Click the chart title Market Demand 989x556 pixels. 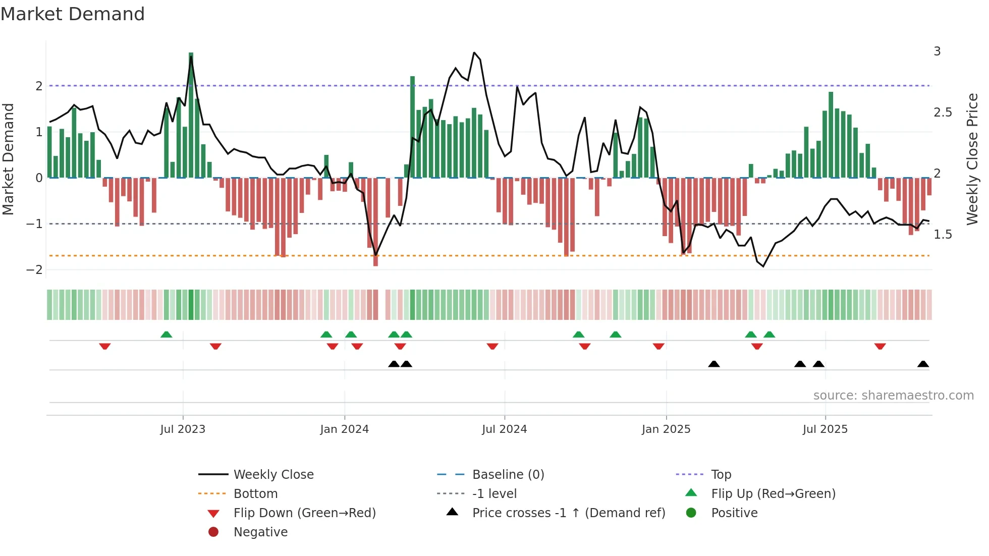tap(73, 14)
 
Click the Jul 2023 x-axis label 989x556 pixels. tap(183, 429)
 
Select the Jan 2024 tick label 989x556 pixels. tap(344, 429)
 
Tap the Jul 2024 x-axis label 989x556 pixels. tap(504, 429)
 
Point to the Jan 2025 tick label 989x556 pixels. tap(666, 429)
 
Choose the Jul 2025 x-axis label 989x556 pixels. tap(825, 429)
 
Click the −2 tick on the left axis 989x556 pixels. tap(35, 270)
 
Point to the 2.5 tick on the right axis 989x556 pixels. tap(943, 113)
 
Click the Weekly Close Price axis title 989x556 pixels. tap(972, 159)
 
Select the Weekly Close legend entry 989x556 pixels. tap(273, 475)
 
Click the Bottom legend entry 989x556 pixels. tap(255, 494)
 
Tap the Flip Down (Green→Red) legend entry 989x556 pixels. tap(304, 513)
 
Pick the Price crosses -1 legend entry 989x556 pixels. tap(568, 513)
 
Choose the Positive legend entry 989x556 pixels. tap(734, 513)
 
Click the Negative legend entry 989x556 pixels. tap(260, 532)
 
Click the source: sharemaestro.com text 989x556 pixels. tap(893, 396)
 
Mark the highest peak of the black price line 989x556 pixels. tap(474, 52)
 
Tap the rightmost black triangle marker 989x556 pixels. tap(923, 364)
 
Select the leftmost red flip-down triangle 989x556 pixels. tap(105, 346)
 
